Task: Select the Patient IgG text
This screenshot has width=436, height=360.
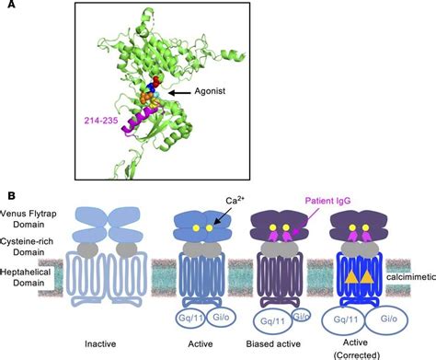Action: point(331,201)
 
